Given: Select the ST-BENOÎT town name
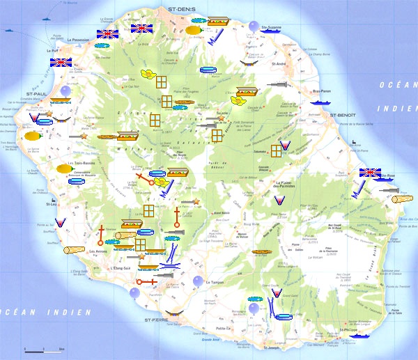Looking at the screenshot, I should pos(343,114).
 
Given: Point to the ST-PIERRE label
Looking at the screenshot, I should pos(157,320).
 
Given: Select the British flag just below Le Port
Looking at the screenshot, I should pos(61,62).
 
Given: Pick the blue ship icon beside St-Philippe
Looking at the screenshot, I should pos(357,336).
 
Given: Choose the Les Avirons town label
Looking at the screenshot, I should pos(97,251).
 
